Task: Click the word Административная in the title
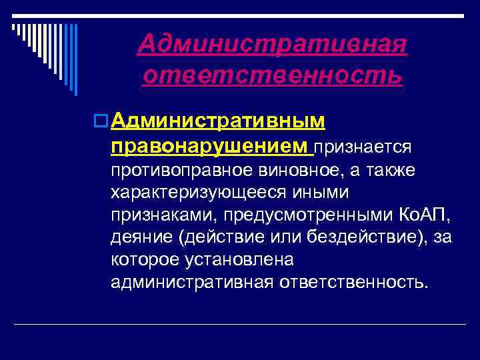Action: [272, 45]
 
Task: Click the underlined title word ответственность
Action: [272, 75]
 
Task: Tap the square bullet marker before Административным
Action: [102, 121]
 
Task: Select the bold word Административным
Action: [219, 121]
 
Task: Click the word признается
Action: [364, 146]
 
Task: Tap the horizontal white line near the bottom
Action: [240, 324]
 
